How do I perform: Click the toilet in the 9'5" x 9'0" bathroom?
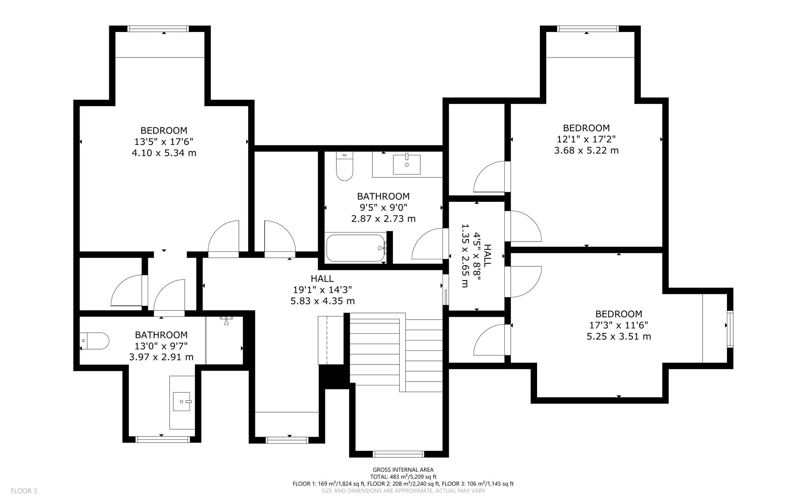344,166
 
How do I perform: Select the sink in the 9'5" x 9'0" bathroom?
407,164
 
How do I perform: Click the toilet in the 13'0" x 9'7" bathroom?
94,341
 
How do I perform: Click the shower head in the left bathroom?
227,320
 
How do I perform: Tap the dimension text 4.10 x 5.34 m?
164,153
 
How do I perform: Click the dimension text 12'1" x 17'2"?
586,139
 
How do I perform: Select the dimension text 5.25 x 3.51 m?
619,337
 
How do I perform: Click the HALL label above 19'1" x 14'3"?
322,279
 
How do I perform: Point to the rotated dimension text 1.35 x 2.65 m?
465,256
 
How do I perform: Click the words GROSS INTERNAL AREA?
403,470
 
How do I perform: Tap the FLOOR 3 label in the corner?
24,491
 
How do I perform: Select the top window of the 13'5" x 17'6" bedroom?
158,29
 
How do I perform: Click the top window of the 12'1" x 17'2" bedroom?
588,29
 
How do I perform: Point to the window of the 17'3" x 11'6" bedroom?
730,329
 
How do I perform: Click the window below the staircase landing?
399,454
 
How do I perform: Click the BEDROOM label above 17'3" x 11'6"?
619,314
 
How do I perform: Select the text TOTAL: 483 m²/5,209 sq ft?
403,477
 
